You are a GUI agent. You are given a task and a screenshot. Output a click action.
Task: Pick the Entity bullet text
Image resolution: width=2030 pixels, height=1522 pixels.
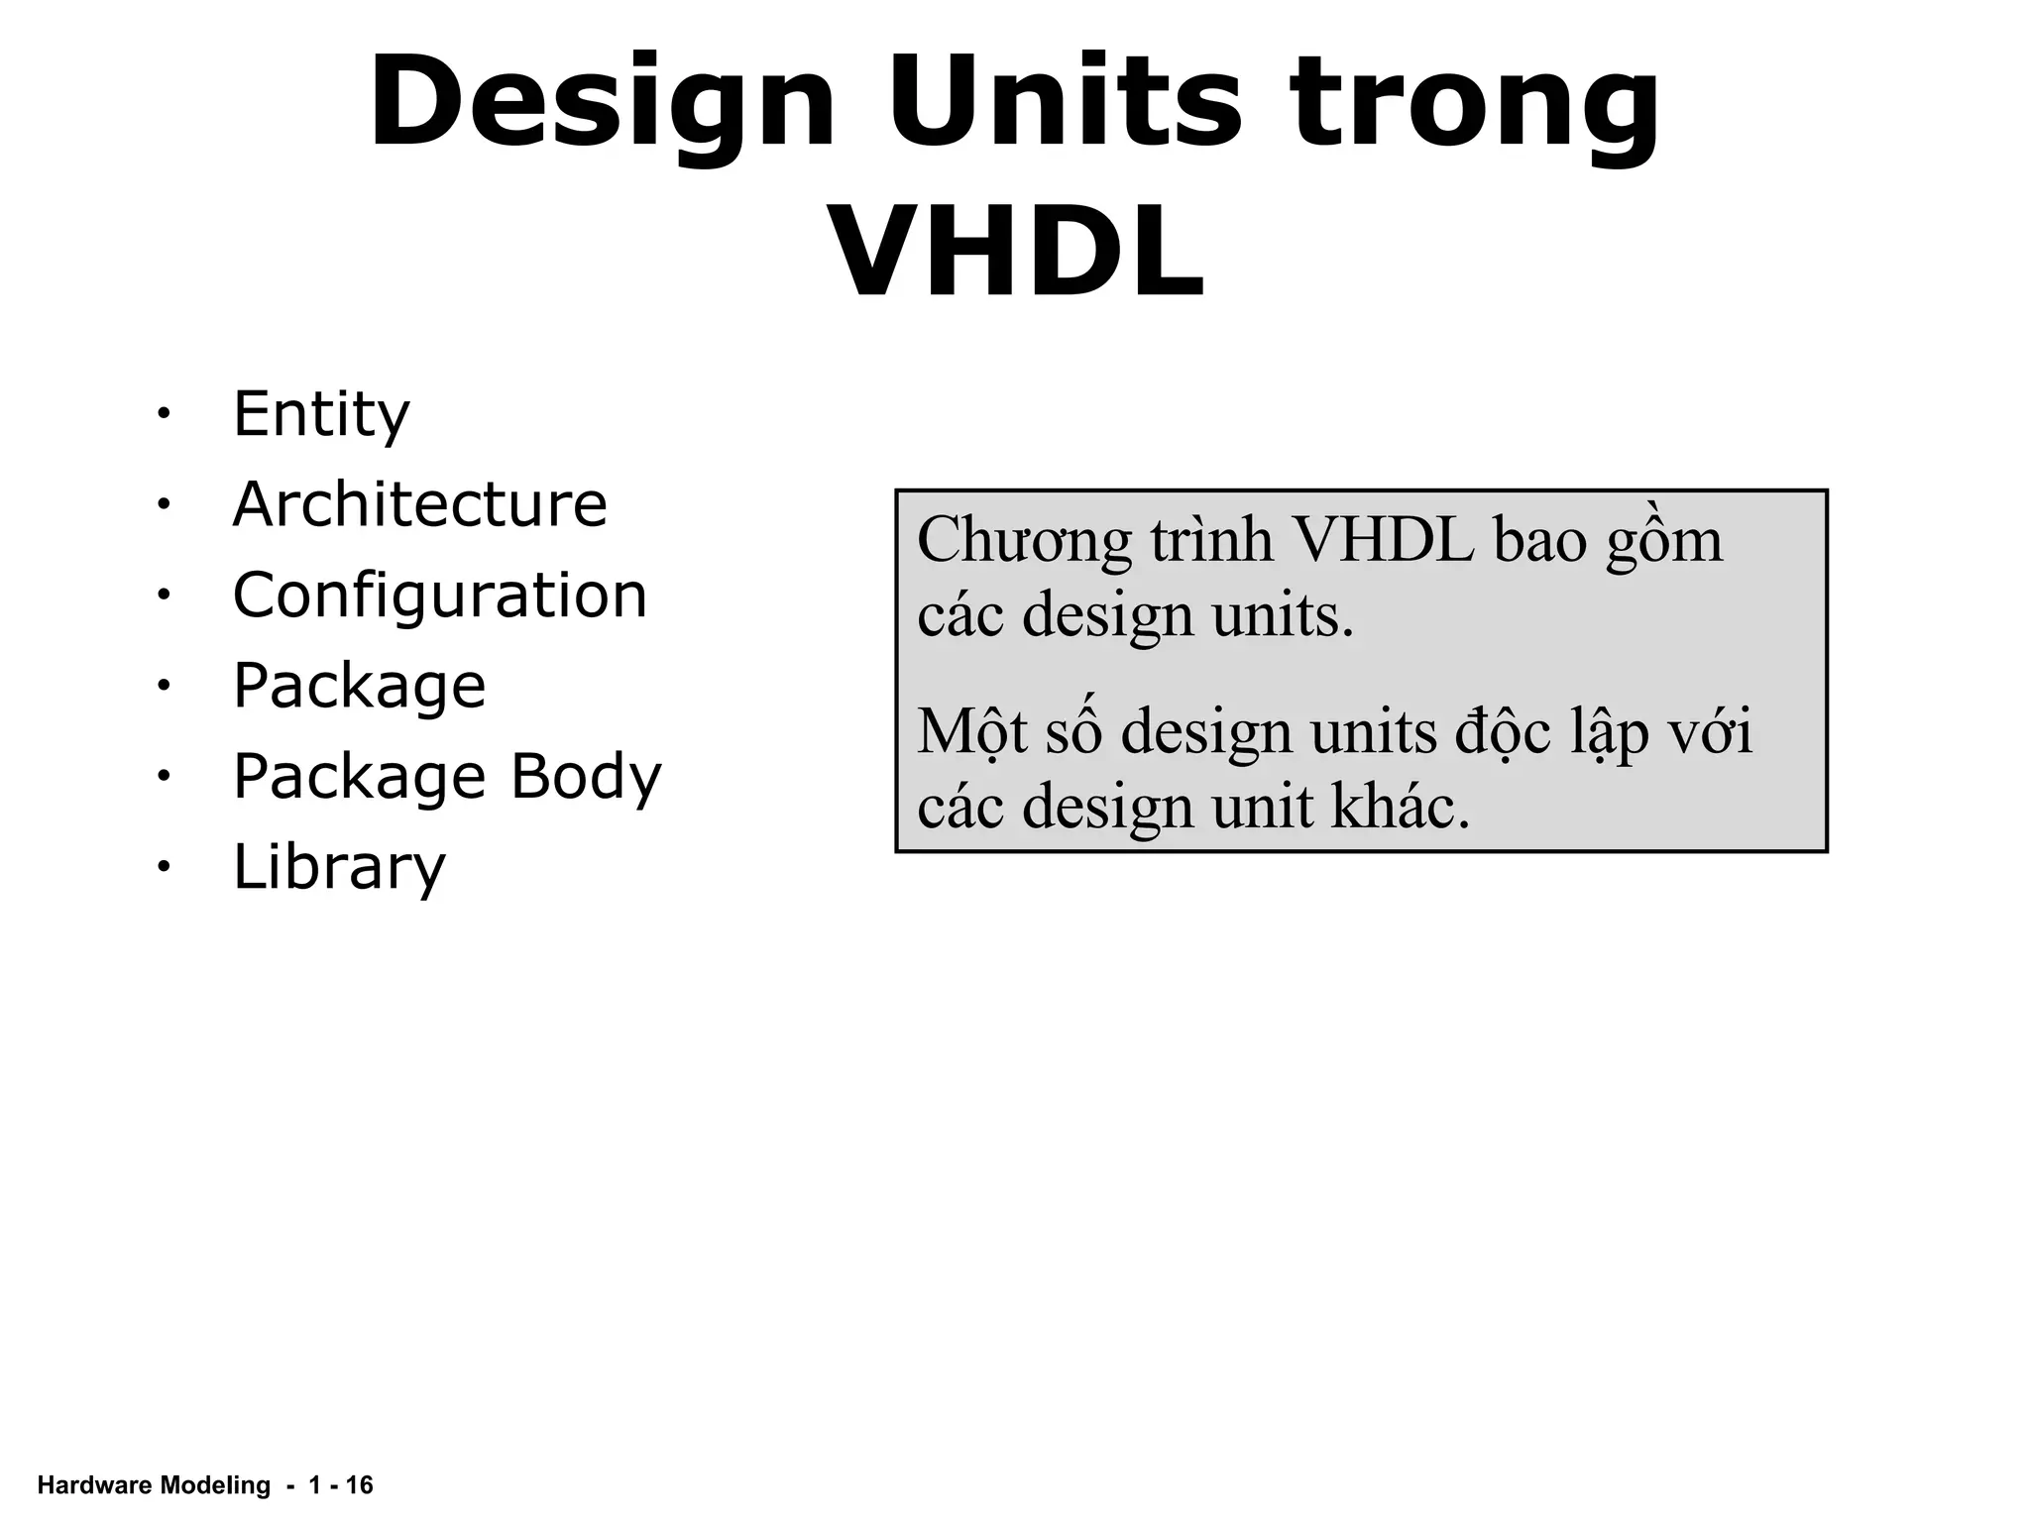pyautogui.click(x=321, y=414)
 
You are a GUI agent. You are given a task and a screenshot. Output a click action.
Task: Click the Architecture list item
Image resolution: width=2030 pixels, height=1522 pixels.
pyautogui.click(x=419, y=504)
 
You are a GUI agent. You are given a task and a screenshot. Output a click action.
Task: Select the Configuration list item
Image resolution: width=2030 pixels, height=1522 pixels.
pyautogui.click(x=439, y=596)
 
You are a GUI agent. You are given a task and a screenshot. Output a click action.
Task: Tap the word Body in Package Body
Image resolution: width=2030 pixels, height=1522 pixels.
pyautogui.click(x=585, y=777)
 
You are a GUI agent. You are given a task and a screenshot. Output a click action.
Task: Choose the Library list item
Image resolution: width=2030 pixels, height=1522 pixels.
pyautogui.click(x=339, y=868)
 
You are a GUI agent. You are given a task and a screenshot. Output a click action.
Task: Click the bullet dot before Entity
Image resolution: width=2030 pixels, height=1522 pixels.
pyautogui.click(x=163, y=413)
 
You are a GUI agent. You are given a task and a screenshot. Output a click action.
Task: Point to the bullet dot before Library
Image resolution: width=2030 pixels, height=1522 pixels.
pyautogui.click(x=163, y=867)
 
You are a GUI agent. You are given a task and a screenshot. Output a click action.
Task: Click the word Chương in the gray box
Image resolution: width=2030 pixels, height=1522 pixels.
pyautogui.click(x=1023, y=542)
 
